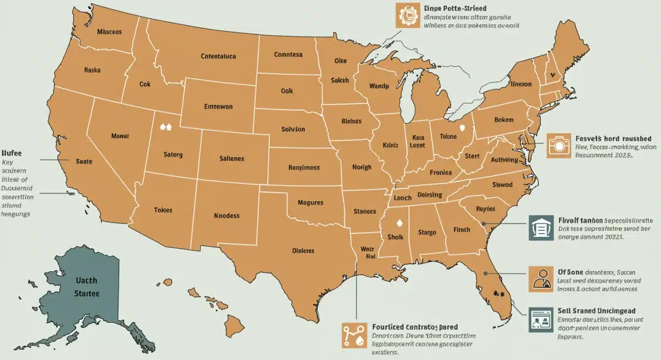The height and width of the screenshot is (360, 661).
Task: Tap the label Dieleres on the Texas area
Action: [302, 250]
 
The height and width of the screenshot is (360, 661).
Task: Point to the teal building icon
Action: [540, 227]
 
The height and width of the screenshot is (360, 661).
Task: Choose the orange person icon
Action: [540, 279]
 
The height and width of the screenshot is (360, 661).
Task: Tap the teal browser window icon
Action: [540, 320]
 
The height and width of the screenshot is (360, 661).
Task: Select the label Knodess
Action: [226, 215]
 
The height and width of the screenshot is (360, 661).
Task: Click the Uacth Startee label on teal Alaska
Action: [86, 287]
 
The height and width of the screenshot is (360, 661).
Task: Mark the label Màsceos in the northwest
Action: [109, 31]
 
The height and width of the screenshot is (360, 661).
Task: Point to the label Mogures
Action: [310, 203]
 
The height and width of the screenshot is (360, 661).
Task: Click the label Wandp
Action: [379, 86]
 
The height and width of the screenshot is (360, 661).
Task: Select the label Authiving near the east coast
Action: [503, 160]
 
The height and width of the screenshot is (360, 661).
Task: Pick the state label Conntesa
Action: [288, 54]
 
